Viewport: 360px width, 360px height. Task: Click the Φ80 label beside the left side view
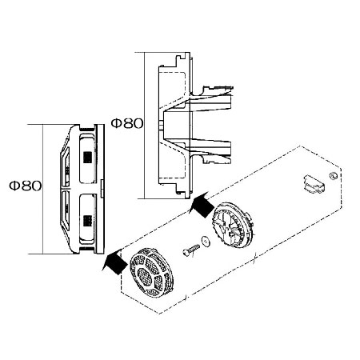(26, 186)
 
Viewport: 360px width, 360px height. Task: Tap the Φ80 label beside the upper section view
(127, 123)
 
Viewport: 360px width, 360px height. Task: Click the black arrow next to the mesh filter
(115, 262)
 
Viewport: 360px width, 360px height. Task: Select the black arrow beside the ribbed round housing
(202, 205)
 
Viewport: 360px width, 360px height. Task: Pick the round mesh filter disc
(152, 273)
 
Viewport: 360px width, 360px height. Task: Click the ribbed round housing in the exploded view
(233, 226)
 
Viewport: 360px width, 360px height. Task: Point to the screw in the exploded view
(191, 250)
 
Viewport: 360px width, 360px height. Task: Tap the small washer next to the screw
(206, 241)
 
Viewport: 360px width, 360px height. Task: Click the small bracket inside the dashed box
(314, 184)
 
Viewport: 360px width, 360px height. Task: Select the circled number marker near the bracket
(334, 176)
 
